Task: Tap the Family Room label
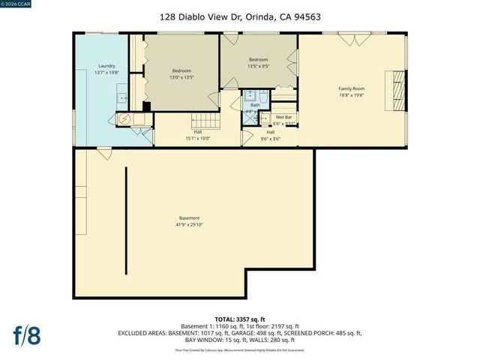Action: (350, 88)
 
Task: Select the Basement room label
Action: (189, 217)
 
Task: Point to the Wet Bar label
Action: (283, 117)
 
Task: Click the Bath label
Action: (255, 105)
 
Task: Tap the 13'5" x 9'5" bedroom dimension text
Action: (258, 67)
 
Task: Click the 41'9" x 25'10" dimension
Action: (189, 224)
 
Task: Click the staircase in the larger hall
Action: (203, 121)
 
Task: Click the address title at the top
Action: (240, 16)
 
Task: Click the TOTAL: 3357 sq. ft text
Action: (239, 319)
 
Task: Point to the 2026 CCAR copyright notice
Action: (16, 4)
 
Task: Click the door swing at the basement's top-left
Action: (103, 154)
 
